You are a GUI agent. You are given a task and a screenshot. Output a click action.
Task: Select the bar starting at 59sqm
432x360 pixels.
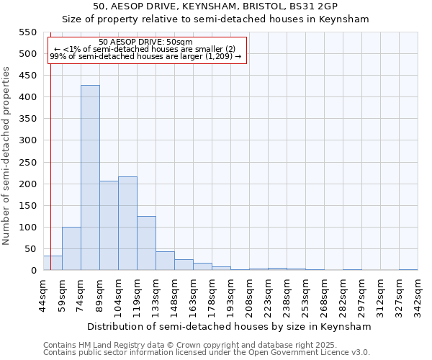[x=71, y=248]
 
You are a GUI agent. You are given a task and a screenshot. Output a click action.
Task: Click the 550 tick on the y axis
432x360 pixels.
[x=27, y=32]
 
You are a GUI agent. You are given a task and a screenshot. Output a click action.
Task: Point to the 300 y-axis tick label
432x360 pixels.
[x=27, y=140]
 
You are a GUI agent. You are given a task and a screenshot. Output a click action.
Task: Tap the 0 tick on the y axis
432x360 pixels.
[x=33, y=271]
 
